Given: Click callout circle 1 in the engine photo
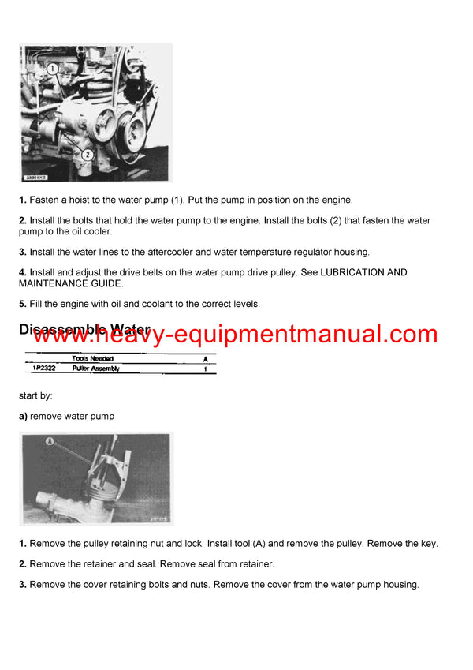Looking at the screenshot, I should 54,70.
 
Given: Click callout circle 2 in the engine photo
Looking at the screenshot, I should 87,155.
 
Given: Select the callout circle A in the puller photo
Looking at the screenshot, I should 50,443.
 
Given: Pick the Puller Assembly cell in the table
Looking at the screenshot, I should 96,369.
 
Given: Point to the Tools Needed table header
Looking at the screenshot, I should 92,358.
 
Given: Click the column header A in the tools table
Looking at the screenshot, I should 205,358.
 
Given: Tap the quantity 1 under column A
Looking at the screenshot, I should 205,369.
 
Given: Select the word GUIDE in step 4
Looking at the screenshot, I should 106,283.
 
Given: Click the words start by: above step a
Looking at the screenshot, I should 35,395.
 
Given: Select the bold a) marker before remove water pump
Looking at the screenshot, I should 24,416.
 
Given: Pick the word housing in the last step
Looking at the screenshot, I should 398,585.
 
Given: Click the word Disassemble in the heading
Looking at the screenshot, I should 63,329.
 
